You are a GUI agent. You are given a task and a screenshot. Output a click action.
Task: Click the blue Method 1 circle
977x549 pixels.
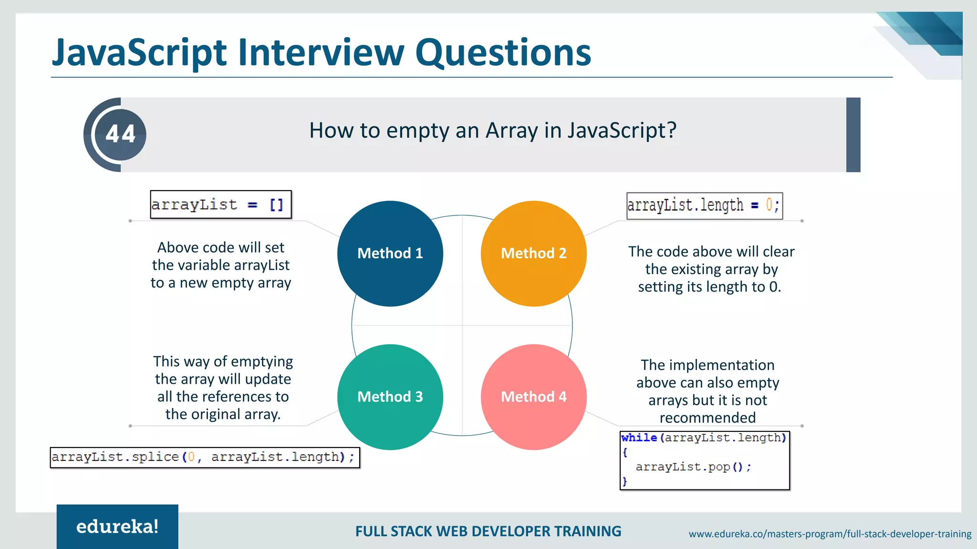(390, 254)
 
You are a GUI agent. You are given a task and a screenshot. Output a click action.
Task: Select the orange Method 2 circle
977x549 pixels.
(533, 254)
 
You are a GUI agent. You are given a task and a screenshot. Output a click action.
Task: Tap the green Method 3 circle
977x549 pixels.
(390, 397)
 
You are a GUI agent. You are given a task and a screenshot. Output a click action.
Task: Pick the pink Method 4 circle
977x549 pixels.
(533, 397)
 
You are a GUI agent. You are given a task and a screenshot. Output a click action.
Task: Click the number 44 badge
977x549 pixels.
(120, 134)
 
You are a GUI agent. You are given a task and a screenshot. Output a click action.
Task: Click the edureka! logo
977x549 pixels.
(117, 527)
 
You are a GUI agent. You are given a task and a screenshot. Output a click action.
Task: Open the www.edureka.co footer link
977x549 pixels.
(830, 534)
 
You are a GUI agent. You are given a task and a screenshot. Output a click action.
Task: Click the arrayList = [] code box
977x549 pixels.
(220, 204)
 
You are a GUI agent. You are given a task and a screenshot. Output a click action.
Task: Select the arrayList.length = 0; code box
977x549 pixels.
(704, 205)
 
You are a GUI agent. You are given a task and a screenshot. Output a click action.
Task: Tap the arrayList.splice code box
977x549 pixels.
(205, 457)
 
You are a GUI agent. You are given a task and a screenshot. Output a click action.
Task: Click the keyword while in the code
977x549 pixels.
(639, 437)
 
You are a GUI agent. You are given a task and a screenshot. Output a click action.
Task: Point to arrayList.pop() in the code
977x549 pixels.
(693, 467)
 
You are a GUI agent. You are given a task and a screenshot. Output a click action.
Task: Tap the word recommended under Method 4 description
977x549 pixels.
(707, 418)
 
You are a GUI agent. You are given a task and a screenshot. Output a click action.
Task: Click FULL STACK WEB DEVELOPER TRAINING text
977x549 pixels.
(488, 531)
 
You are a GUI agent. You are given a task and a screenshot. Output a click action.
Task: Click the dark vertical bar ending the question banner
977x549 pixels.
(853, 135)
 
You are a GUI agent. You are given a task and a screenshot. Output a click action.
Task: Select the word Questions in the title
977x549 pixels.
(503, 53)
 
